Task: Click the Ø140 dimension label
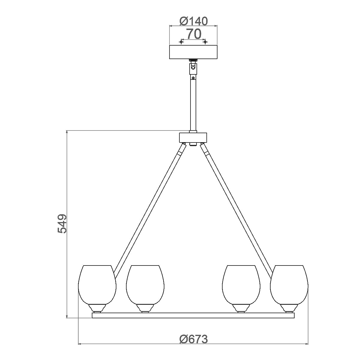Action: click(193, 21)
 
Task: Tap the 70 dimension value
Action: click(193, 34)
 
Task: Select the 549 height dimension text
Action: click(62, 223)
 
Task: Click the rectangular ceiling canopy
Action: click(193, 52)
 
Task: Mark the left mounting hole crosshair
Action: click(181, 42)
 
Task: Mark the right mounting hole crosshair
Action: click(205, 42)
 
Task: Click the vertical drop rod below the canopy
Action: click(193, 105)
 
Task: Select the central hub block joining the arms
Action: click(193, 138)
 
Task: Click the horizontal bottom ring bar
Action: click(193, 315)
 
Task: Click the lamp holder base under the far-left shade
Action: click(97, 308)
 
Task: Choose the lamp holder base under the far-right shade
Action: click(289, 308)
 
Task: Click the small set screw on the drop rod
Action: click(193, 78)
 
